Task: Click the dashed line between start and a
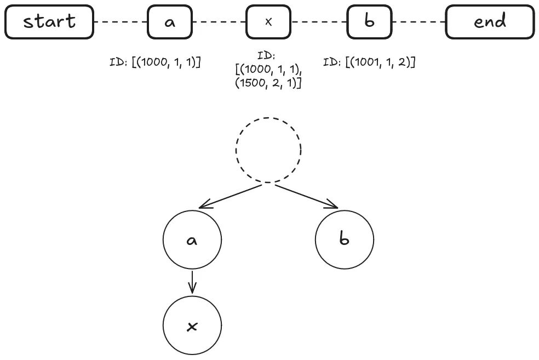pos(121,22)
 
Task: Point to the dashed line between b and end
pos(418,22)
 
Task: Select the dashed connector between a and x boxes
pos(219,22)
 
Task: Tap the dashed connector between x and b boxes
pos(319,22)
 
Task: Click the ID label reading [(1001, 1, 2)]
pos(369,62)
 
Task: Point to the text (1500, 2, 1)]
pos(268,83)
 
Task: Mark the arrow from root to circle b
pos(307,197)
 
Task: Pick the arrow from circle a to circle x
pos(192,282)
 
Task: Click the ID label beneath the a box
pos(155,62)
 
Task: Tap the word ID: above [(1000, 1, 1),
pos(266,55)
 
